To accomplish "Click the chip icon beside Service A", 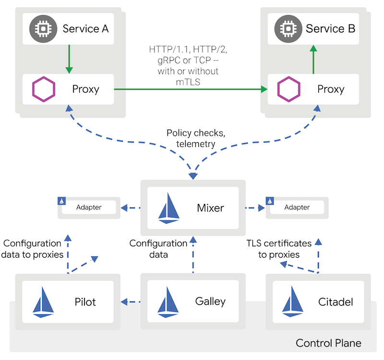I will [x=43, y=29].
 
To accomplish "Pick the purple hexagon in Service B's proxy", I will [x=289, y=89].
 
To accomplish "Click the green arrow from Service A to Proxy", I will [x=70, y=59].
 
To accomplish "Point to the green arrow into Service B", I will [x=313, y=60].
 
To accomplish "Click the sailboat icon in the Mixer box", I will [x=169, y=208].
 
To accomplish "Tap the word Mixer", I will [x=210, y=208].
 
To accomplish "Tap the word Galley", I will [x=210, y=302].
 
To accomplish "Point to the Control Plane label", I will [x=328, y=343].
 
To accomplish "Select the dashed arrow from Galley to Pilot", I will [x=131, y=302].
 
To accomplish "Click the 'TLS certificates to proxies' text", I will [x=278, y=249].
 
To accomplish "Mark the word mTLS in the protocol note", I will [x=188, y=82].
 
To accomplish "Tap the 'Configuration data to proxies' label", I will [x=32, y=249].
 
